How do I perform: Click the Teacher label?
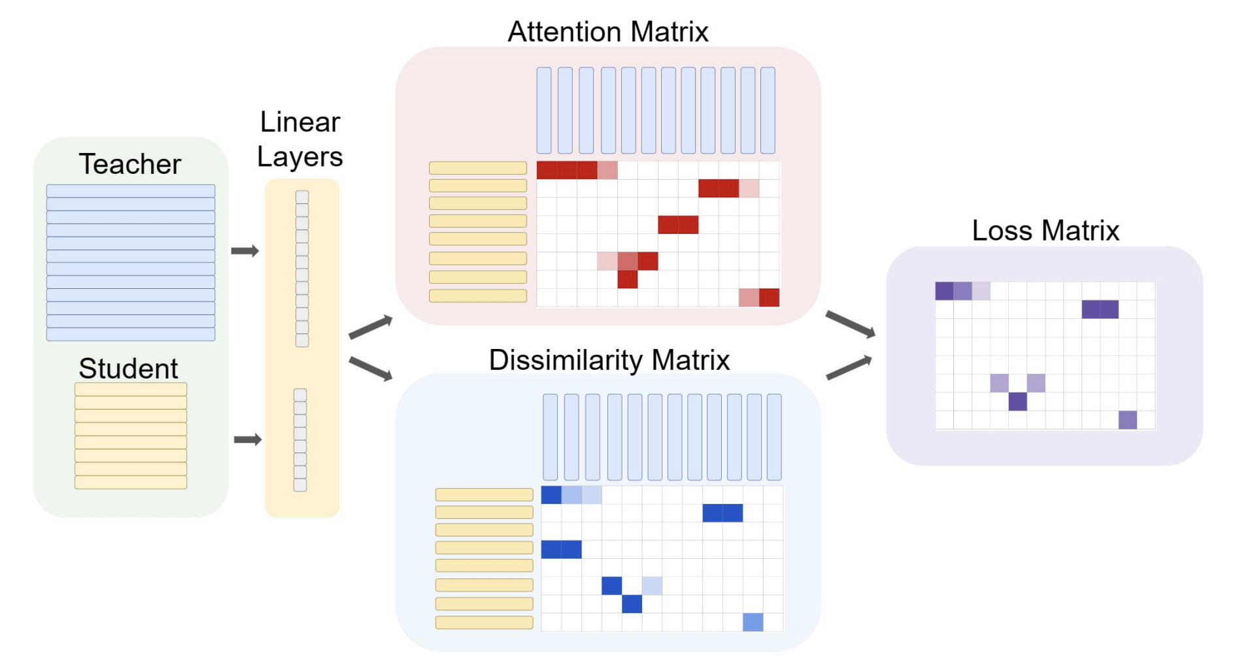[129, 164]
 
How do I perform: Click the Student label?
[128, 369]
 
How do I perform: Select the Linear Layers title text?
[300, 139]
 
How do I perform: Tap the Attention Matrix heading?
[607, 31]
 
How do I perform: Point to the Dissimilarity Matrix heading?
[609, 360]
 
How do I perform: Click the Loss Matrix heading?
[1045, 231]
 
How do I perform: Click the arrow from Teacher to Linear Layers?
[245, 251]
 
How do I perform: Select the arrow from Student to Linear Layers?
[248, 439]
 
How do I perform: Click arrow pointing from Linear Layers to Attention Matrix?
[371, 327]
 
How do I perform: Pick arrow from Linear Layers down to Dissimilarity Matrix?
[371, 369]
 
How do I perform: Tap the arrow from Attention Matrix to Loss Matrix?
[850, 324]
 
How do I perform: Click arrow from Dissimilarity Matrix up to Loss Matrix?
[849, 368]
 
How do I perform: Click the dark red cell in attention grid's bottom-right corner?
[769, 297]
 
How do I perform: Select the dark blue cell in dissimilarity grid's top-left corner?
[551, 495]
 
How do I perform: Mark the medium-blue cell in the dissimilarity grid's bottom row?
[753, 622]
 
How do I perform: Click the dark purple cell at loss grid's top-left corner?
[944, 291]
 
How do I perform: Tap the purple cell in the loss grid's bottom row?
[1127, 420]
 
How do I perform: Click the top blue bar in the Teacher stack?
[131, 191]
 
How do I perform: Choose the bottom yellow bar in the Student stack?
[131, 482]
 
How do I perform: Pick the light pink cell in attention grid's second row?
[749, 188]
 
